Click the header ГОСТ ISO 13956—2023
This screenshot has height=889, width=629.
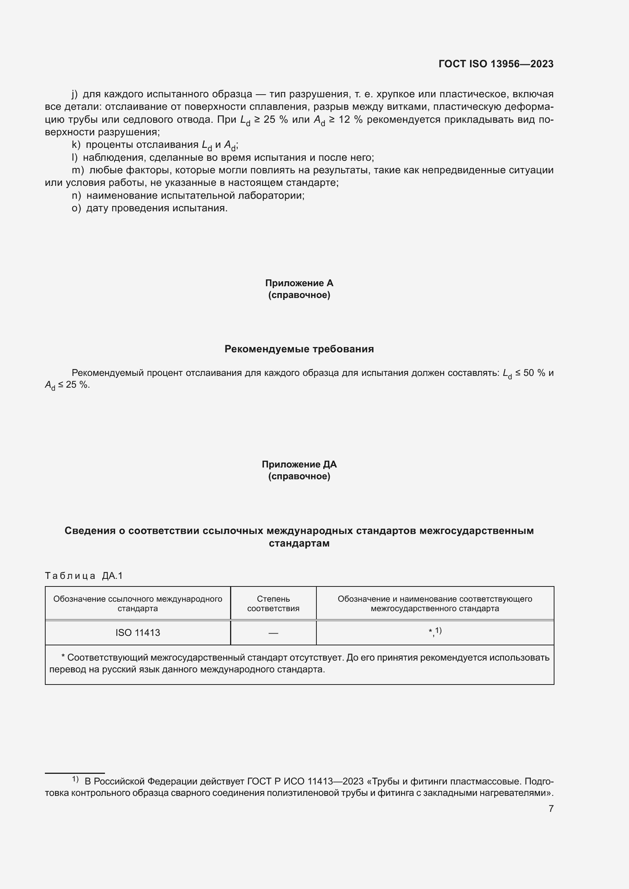(496, 64)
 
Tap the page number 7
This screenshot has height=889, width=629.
(551, 808)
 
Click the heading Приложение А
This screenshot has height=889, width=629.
(299, 283)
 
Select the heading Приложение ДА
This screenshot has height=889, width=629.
(299, 464)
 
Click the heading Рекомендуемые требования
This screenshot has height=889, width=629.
(299, 349)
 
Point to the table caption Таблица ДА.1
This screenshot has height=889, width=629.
(84, 576)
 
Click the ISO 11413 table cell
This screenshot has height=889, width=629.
(138, 633)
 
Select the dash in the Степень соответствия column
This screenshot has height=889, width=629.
(273, 633)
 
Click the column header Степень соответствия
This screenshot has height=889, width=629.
(273, 604)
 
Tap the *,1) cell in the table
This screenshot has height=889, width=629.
(435, 632)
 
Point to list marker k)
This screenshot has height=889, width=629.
(76, 145)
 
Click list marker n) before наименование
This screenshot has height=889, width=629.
(76, 195)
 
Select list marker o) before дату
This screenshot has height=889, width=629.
(76, 208)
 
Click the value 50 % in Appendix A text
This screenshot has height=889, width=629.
(534, 373)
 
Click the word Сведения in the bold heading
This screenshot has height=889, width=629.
(90, 531)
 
